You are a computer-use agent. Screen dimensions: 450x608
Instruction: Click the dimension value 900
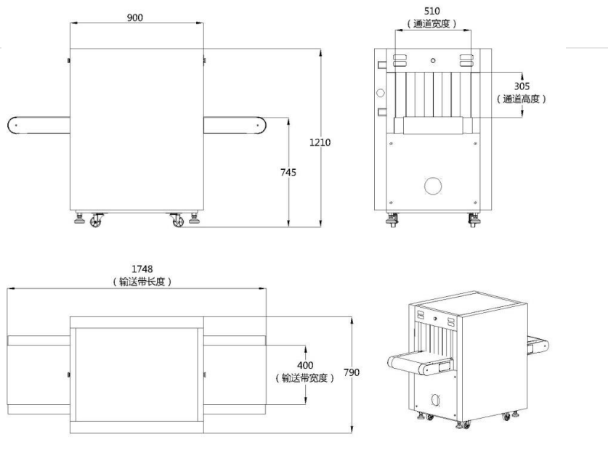point(134,17)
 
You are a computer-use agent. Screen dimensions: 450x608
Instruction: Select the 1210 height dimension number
point(320,142)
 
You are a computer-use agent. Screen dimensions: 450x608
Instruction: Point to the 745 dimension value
point(288,172)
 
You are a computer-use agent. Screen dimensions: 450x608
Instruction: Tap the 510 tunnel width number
point(431,11)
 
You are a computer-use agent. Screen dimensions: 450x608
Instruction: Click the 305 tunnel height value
point(522,86)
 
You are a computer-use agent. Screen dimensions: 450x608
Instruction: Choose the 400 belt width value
point(304,365)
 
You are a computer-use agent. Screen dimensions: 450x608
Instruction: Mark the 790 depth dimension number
point(352,372)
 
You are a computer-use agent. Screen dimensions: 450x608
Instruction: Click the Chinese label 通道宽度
point(432,24)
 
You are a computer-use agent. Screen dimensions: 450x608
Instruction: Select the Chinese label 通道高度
point(522,99)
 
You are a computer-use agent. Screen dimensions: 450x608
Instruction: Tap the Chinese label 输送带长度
point(142,282)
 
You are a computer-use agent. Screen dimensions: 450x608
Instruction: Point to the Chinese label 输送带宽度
point(304,377)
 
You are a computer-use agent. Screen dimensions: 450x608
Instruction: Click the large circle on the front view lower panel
point(433,186)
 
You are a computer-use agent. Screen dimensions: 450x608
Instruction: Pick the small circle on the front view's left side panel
point(379,93)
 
